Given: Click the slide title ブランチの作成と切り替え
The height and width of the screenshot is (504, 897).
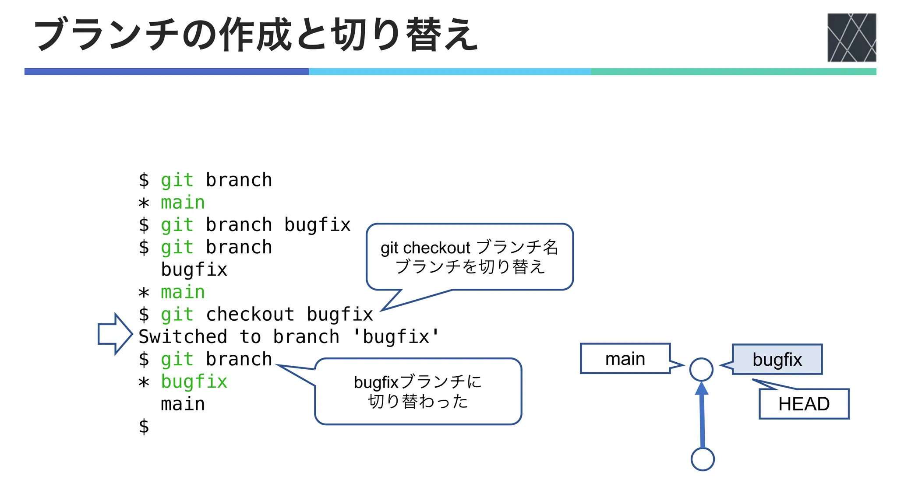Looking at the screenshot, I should (256, 35).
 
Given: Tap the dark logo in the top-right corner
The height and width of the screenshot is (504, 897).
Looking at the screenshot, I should (851, 38).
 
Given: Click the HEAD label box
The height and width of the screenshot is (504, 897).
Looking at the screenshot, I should (804, 404).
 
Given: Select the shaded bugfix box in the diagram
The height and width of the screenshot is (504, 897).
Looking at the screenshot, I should (777, 359).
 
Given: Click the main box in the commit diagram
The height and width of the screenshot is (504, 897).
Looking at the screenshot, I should (625, 359).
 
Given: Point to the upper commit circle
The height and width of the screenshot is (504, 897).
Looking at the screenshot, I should (701, 369).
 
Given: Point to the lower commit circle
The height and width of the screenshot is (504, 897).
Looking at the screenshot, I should (703, 459).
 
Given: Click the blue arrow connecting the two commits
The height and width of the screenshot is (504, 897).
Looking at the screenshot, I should (702, 416).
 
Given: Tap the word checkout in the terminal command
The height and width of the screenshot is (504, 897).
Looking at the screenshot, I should (250, 314).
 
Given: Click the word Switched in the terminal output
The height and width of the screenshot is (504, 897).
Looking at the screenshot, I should (183, 336).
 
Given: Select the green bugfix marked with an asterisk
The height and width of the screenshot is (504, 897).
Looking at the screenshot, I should (194, 381).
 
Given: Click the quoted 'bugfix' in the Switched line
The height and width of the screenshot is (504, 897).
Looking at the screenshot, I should (396, 336).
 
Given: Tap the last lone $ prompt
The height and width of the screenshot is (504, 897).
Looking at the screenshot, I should (144, 426).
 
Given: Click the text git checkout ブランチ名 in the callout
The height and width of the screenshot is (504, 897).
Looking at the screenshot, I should (469, 247).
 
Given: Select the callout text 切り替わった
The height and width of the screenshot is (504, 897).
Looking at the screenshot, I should (418, 401).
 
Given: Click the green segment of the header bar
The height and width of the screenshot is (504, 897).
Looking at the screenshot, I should (733, 71).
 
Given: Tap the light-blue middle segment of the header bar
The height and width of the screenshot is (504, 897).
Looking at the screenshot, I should (449, 71).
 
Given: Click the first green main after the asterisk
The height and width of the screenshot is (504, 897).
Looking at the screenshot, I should (183, 203).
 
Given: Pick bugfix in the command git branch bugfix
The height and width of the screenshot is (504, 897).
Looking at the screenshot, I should (318, 225).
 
